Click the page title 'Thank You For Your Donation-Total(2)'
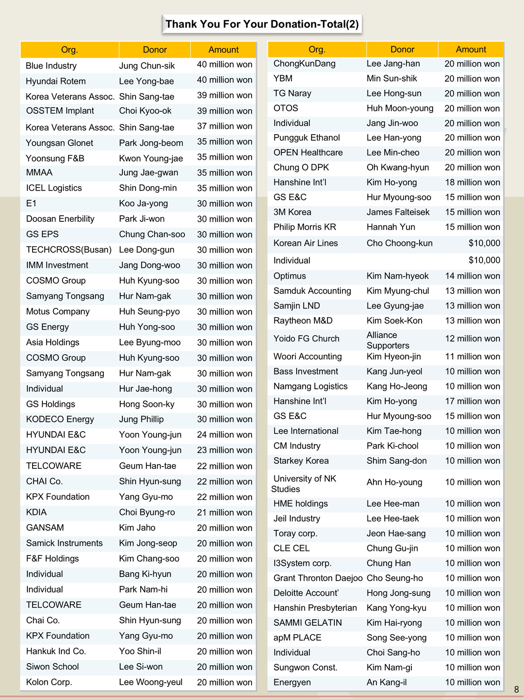coord(262,24)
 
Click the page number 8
coord(516,689)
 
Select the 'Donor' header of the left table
coord(155,50)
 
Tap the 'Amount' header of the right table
coord(470,49)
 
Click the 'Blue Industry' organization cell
coord(51,66)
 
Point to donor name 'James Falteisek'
coord(398,212)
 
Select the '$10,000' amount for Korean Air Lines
coord(484,243)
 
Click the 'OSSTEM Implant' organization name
coord(60,111)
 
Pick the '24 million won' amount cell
coord(225,435)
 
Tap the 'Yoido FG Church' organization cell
coord(306,339)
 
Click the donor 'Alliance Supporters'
coord(388,340)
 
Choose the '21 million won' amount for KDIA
coord(225,512)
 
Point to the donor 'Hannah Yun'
coord(391,227)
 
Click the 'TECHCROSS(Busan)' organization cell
coord(69,250)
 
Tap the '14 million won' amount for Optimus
coord(472,276)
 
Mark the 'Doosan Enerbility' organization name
coord(60,219)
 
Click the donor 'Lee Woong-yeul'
coord(150,682)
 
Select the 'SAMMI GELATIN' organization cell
coord(307,623)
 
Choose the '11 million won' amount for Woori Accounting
coord(472,356)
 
